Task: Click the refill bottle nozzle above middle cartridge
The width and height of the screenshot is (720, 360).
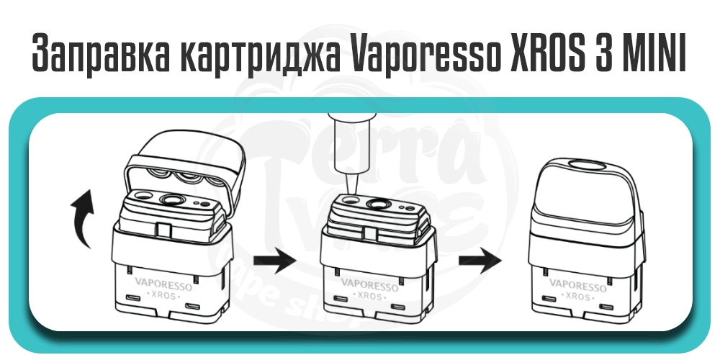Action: [348, 179]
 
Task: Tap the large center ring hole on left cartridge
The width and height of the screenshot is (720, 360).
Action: [173, 200]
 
